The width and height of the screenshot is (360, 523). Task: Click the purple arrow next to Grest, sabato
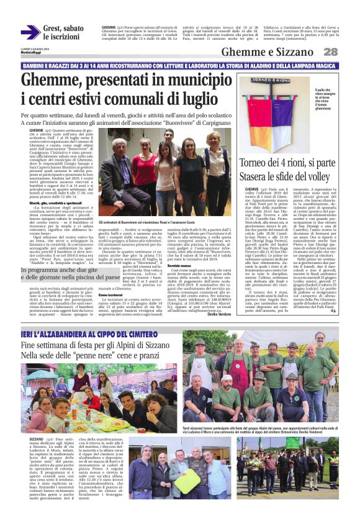point(30,32)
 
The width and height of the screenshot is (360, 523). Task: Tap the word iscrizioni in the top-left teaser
point(61,37)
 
